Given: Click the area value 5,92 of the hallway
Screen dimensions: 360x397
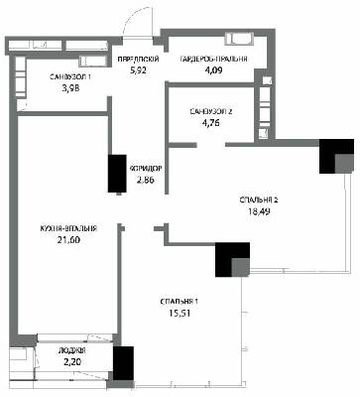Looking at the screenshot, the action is click(x=138, y=70).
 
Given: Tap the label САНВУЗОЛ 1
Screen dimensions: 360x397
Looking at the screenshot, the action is click(x=70, y=77).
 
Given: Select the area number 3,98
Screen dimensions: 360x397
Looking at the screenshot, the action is click(x=71, y=88).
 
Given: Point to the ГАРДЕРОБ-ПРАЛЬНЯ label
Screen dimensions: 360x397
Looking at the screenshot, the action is click(x=214, y=60).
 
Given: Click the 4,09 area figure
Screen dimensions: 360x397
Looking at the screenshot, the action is click(x=213, y=70).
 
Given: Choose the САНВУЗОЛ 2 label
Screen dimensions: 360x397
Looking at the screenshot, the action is click(x=211, y=112).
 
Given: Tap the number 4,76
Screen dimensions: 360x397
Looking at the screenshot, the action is click(x=211, y=123).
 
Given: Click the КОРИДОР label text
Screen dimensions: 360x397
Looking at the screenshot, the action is click(x=146, y=169).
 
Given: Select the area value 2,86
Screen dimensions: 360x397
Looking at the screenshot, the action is click(x=146, y=180).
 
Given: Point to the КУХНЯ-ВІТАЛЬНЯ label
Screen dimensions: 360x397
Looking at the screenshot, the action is click(x=68, y=229).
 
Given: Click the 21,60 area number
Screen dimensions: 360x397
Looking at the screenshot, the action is click(x=68, y=240).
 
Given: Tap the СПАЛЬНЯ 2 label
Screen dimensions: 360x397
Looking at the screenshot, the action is click(x=259, y=200).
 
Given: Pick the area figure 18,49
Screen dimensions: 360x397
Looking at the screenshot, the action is click(x=260, y=211).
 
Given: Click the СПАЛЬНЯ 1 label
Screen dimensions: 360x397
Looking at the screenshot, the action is click(x=180, y=302).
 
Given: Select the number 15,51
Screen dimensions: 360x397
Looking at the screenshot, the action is click(x=180, y=313).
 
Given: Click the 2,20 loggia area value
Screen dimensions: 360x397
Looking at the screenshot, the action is click(x=72, y=362).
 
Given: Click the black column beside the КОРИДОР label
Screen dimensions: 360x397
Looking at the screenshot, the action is click(x=117, y=174).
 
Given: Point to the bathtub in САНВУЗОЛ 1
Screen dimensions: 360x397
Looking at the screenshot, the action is click(x=93, y=61).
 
